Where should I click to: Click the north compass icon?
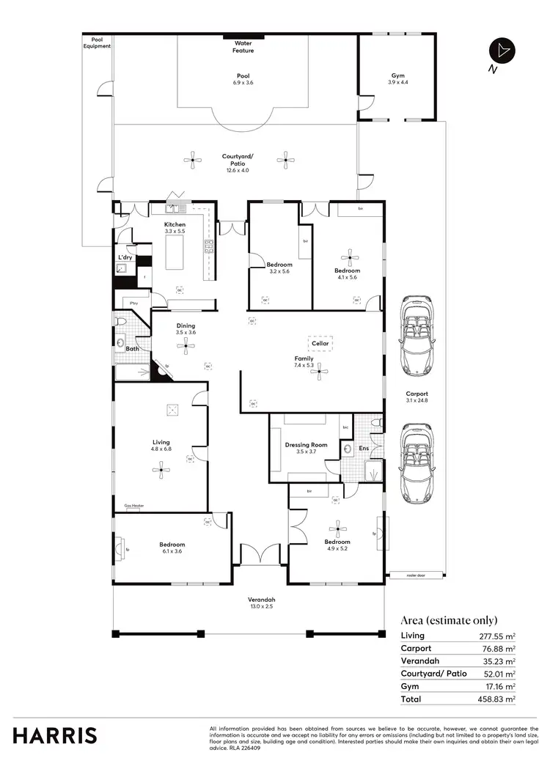point(502,50)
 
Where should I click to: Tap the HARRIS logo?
point(54,735)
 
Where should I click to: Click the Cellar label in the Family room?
point(320,343)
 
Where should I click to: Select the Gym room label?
point(397,76)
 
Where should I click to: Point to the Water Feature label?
point(243,47)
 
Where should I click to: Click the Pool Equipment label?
point(96,43)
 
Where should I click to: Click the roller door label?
point(416,576)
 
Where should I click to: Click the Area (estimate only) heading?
point(449,619)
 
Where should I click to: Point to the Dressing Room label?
point(306,445)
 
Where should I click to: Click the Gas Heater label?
point(133,506)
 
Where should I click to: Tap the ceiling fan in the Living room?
point(161,473)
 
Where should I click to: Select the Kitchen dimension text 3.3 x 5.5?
point(175,231)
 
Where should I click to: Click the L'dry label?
point(125,257)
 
